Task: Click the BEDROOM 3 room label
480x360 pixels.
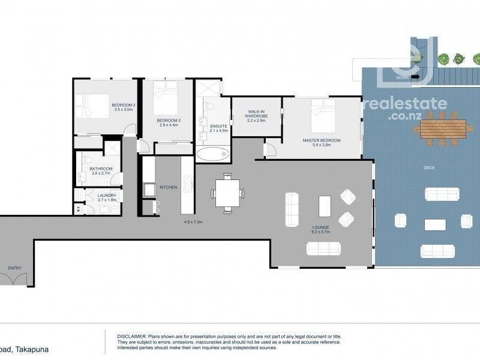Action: point(124,106)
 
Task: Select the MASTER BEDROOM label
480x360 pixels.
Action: point(321,140)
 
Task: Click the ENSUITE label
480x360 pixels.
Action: point(218,126)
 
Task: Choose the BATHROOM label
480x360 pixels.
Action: point(101,169)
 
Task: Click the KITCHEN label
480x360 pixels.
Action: point(169,188)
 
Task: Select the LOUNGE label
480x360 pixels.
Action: point(321,227)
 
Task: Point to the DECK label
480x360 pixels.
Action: point(429,168)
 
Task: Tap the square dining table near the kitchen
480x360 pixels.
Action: point(227,193)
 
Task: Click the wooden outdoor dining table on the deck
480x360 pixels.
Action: point(443,128)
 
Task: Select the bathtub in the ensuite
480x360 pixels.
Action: point(212,155)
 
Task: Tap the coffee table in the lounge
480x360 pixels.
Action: point(325,206)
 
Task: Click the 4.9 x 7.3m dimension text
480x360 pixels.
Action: point(193,223)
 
